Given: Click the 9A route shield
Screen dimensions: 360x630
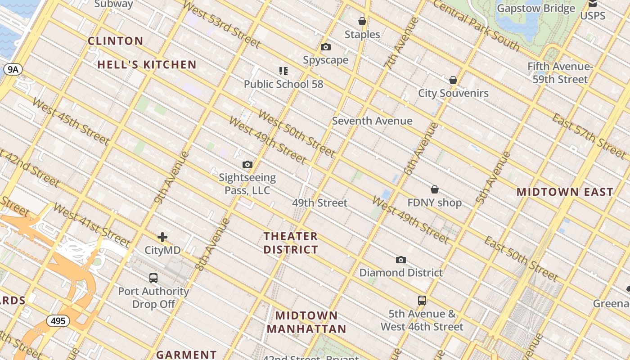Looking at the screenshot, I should coord(13,69).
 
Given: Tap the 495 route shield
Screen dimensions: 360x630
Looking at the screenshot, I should coord(58,321).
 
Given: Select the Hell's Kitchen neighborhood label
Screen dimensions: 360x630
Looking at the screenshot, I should coord(147,65).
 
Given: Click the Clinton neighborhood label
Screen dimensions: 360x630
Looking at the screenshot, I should coord(116,41).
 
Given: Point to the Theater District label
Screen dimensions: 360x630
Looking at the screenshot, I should coord(291,243).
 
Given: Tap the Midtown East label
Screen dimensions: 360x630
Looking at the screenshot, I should coord(565,192).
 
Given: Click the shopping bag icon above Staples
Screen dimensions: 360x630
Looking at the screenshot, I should coord(362,21).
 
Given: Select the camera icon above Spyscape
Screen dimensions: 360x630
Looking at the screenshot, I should coord(326,47).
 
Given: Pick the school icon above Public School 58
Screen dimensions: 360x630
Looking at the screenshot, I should coord(283,71).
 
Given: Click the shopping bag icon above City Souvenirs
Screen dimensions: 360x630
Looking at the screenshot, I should coord(453,80).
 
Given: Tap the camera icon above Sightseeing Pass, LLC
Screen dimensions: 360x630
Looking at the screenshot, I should coord(247,164).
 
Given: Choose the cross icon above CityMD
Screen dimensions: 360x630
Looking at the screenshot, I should coord(162,237).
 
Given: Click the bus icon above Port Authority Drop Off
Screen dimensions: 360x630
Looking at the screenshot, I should coord(153,278).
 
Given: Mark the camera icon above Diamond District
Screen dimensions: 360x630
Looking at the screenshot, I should coord(401,260).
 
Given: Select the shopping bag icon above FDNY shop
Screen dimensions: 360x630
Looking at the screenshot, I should coord(435,189).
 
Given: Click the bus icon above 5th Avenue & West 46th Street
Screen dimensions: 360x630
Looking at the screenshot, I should coord(422,300).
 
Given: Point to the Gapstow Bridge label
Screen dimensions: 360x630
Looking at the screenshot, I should coord(536,9).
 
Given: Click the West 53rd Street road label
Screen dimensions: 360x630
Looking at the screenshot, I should coord(222,25).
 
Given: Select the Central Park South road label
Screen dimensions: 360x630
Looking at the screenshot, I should coord(476,25).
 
